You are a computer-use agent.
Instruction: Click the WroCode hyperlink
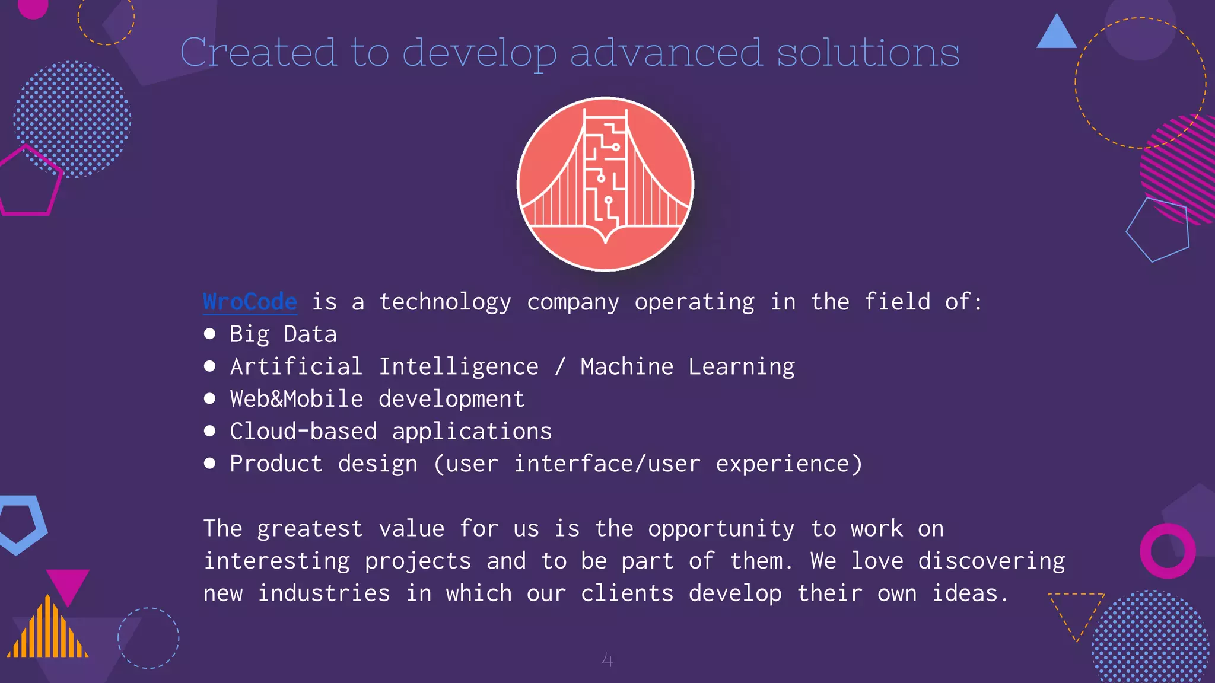[250, 302]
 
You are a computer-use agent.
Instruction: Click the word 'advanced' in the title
[666, 53]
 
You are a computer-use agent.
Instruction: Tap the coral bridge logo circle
[605, 184]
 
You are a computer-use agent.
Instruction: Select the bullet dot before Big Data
[209, 334]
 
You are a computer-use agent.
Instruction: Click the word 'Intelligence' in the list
[459, 366]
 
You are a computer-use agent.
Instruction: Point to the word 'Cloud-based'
[303, 431]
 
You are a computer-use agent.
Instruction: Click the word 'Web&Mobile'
[296, 398]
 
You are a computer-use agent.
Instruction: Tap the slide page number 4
[607, 659]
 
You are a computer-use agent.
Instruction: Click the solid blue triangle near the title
[1056, 33]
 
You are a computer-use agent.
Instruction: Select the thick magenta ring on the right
[1168, 551]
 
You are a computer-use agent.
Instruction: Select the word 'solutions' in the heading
[868, 53]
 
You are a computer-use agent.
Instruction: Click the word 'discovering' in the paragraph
[991, 561]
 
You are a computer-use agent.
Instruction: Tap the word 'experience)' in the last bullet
[788, 464]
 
